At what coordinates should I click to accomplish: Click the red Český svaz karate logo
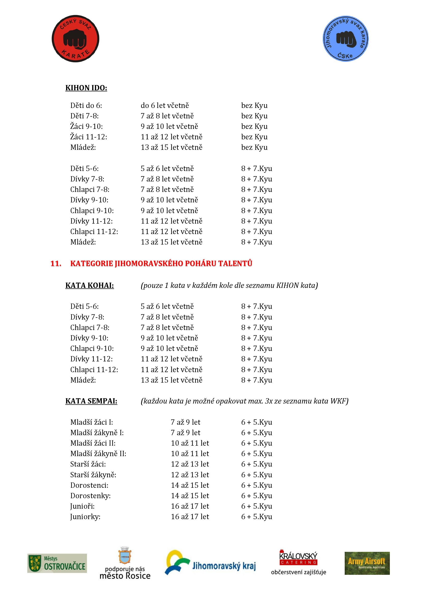75,39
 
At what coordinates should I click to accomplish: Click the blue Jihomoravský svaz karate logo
345,39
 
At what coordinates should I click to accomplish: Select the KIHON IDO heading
86,88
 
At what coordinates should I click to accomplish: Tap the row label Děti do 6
86,106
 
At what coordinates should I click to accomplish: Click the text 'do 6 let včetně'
165,106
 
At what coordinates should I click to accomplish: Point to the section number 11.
56,263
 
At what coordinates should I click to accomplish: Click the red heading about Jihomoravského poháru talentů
161,263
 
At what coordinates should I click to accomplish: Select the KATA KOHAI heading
89,286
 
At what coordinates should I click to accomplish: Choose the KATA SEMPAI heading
91,401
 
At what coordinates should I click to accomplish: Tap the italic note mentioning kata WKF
244,401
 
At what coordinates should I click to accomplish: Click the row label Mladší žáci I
92,422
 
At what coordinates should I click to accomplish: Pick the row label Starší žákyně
93,475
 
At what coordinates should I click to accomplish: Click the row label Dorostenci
89,485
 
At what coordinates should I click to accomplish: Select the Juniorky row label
85,517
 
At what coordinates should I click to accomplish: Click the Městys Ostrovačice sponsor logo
57,563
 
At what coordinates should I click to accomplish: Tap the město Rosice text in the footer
125,576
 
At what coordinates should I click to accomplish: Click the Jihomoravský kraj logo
210,563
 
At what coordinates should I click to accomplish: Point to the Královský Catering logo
298,558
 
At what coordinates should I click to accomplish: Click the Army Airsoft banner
367,563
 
